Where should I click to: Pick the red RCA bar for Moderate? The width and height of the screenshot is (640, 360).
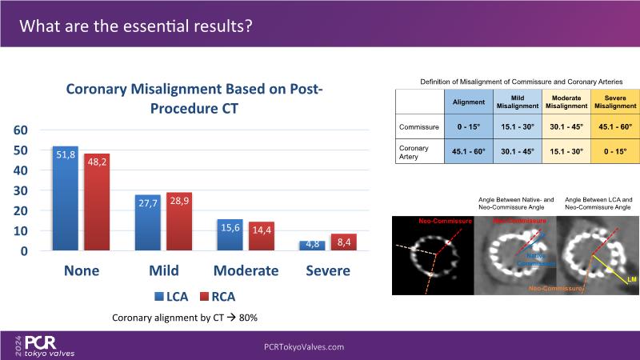[262, 236]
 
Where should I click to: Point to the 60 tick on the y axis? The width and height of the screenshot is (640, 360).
[22, 130]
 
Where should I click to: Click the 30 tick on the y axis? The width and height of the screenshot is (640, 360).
[22, 190]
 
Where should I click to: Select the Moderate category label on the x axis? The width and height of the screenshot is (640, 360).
[246, 270]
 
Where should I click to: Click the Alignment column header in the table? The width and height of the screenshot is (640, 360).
[468, 102]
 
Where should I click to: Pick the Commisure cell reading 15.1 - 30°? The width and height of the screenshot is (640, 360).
[517, 127]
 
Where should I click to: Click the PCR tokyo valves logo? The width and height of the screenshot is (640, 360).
[48, 346]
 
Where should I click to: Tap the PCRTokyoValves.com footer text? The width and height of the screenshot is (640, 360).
[304, 346]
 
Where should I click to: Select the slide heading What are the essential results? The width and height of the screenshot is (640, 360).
[136, 26]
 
